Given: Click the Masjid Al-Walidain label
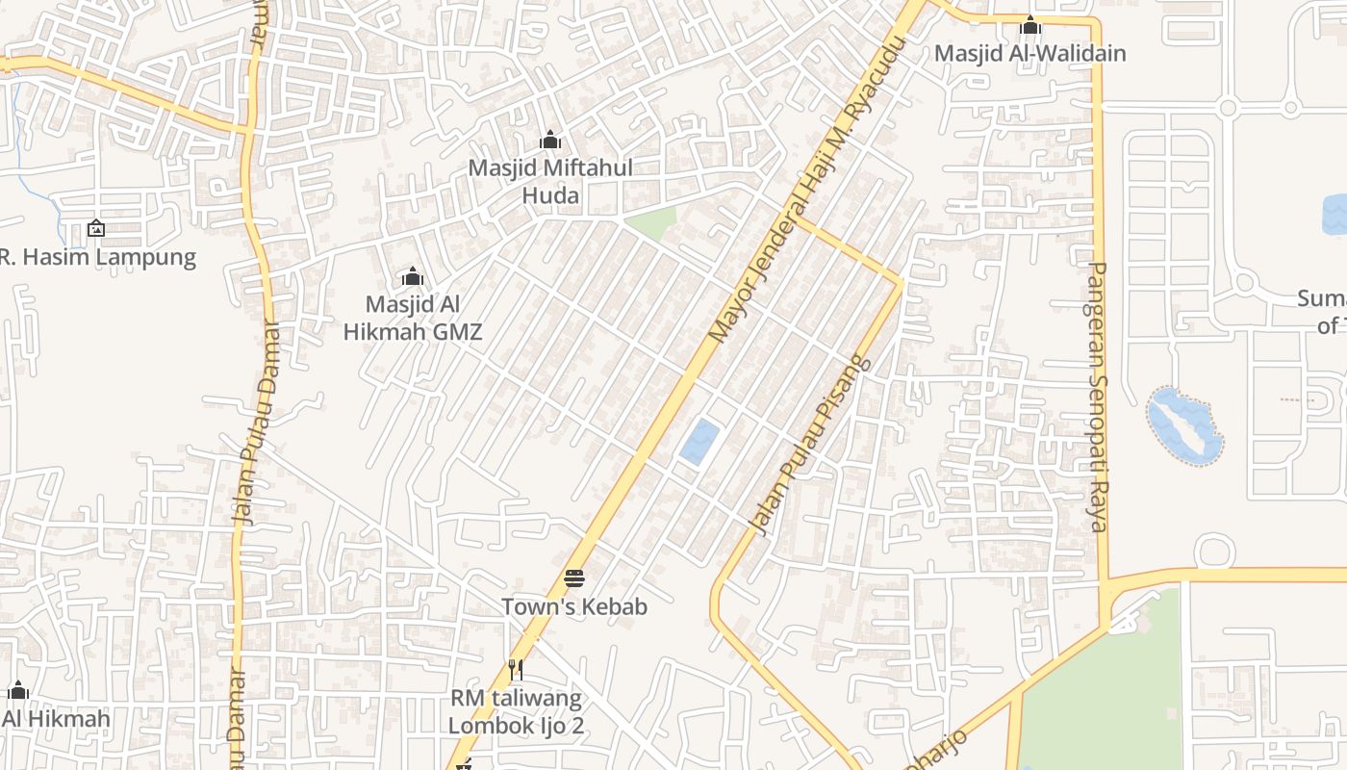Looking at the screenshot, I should pyautogui.click(x=1029, y=53).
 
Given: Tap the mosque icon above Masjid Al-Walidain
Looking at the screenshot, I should pyautogui.click(x=1030, y=25).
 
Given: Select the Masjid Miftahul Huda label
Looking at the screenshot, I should pyautogui.click(x=550, y=182).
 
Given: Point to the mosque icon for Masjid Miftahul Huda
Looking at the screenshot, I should pyautogui.click(x=550, y=141).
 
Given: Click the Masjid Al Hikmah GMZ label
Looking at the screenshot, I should pyautogui.click(x=413, y=319).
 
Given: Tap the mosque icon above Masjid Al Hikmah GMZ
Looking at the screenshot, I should pyautogui.click(x=413, y=277).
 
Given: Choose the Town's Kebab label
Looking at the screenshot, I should pyautogui.click(x=574, y=607).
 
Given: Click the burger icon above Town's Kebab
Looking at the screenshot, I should pyautogui.click(x=574, y=578).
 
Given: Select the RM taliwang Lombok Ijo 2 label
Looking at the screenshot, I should pyautogui.click(x=516, y=711).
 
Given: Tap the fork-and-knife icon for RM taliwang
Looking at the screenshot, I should pyautogui.click(x=516, y=668).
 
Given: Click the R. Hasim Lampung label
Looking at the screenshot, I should pyautogui.click(x=97, y=258).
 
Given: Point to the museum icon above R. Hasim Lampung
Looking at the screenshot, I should pyautogui.click(x=95, y=228).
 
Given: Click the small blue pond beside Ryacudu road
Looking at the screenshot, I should pyautogui.click(x=699, y=443).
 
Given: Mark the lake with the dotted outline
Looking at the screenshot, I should pyautogui.click(x=1184, y=425).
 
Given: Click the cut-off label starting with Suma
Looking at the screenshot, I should pyautogui.click(x=1324, y=311).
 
